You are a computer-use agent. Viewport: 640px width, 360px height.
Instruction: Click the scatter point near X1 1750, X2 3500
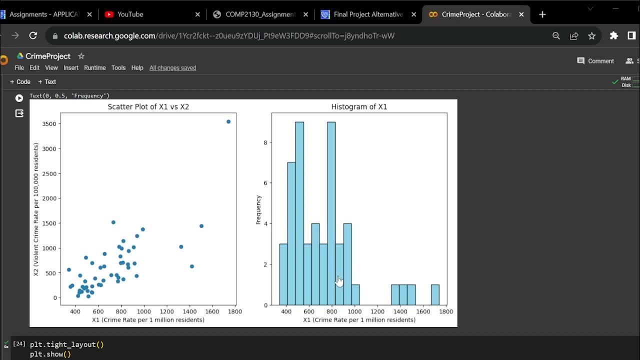[x=228, y=121]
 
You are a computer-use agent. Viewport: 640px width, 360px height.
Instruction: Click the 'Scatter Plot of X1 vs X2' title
[x=148, y=107]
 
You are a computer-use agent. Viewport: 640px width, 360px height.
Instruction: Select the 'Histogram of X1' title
[x=359, y=107]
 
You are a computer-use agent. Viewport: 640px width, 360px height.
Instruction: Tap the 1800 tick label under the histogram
[x=446, y=311]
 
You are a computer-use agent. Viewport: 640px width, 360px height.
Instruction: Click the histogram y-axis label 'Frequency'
[x=258, y=209]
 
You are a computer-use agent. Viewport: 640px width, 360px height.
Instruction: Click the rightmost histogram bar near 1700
[x=435, y=294]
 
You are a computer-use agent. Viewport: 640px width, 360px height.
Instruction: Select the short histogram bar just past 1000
[x=355, y=294]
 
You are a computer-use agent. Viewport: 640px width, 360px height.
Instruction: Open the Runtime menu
[x=94, y=68]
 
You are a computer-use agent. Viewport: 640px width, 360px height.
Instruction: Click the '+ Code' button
[x=20, y=82]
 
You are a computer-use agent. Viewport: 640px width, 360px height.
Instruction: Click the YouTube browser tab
[x=130, y=14]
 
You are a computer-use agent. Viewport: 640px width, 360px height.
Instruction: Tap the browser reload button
[x=33, y=35]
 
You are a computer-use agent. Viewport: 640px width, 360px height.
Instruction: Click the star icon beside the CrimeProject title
[x=81, y=56]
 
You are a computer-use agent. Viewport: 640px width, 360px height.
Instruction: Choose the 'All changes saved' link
[x=172, y=68]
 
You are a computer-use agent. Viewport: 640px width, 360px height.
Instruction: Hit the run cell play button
[x=19, y=98]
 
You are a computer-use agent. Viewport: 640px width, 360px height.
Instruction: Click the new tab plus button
[x=542, y=14]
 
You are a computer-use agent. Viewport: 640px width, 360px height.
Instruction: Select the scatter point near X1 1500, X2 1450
[x=201, y=226]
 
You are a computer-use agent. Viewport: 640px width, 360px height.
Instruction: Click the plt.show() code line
[x=50, y=354]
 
